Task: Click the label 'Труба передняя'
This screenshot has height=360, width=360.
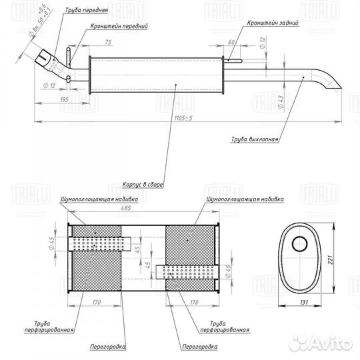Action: click(87, 10)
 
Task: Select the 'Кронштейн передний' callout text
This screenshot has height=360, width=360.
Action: click(119, 26)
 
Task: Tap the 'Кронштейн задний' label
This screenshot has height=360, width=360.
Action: click(273, 23)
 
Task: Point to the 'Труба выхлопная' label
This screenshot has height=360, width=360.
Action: click(255, 139)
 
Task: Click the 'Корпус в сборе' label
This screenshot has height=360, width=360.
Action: click(143, 185)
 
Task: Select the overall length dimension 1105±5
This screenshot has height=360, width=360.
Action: click(183, 118)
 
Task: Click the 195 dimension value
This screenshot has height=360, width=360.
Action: click(64, 99)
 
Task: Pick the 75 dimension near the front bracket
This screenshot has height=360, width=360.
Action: click(108, 42)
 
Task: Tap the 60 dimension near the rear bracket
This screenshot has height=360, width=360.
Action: click(231, 42)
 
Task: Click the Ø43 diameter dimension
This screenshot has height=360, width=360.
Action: click(281, 102)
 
